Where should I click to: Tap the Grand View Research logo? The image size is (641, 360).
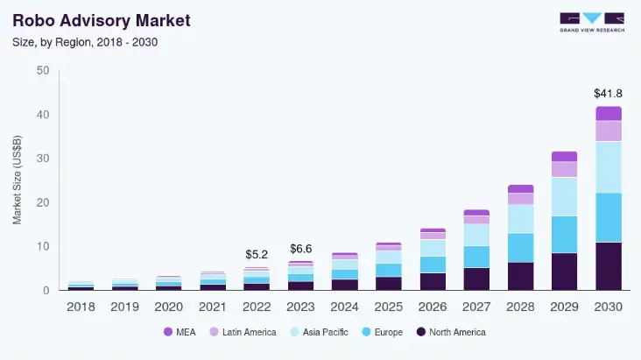[x=592, y=22]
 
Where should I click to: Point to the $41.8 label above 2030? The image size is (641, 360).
[x=608, y=93]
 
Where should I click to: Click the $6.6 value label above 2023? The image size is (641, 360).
[x=300, y=248]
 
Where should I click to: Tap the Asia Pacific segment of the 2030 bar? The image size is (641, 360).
[x=608, y=167]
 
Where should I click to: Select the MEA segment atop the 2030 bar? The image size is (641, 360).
[x=608, y=114]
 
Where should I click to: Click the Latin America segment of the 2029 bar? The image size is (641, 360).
[x=564, y=169]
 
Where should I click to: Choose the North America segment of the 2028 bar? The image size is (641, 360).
[x=520, y=276]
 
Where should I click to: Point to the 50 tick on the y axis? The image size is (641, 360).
[x=42, y=71]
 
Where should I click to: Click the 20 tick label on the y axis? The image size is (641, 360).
[x=42, y=202]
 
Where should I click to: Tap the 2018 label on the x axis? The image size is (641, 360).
[x=80, y=307]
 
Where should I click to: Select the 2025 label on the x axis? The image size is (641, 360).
[x=388, y=307]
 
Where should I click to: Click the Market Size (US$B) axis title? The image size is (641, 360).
[x=18, y=180]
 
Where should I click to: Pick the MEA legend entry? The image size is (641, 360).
[x=180, y=332]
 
